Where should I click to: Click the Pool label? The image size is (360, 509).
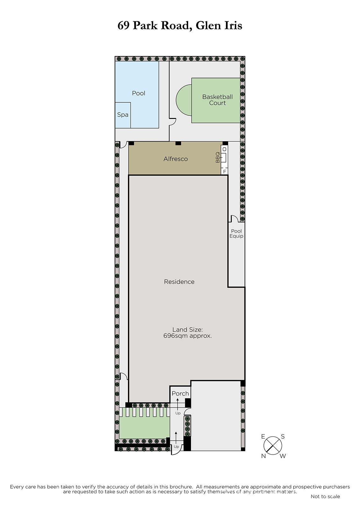[138, 93]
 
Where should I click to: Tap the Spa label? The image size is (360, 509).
[123, 115]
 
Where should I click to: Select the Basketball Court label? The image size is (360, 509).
[217, 100]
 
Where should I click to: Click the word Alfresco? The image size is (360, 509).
[176, 159]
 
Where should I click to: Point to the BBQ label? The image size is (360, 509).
[218, 157]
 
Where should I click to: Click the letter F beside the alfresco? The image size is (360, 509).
[225, 171]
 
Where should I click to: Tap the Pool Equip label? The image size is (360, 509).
[236, 234]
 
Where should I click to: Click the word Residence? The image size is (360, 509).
[179, 282]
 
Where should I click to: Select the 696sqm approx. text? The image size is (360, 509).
[187, 336]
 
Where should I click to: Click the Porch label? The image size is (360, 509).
[180, 394]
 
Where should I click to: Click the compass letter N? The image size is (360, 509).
[264, 456]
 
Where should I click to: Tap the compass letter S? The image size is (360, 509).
[283, 436]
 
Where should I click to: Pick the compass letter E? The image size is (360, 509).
[263, 436]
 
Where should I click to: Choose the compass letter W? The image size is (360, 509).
[283, 456]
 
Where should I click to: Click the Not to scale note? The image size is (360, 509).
[325, 496]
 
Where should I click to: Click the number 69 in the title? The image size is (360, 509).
[124, 25]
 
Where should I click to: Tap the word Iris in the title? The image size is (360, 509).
[233, 25]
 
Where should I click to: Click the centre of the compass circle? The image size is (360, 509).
[273, 446]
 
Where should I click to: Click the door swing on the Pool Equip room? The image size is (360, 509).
[235, 218]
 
